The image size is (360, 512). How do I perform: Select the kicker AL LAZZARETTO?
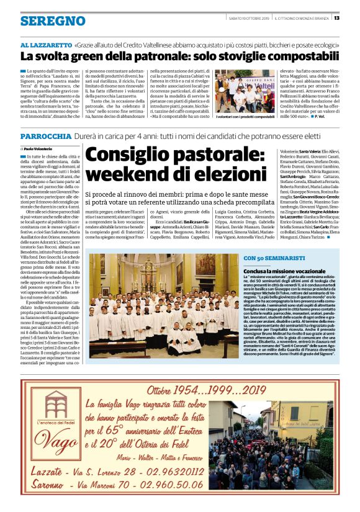coord(46,46)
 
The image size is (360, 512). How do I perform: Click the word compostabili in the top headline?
coord(279,57)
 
